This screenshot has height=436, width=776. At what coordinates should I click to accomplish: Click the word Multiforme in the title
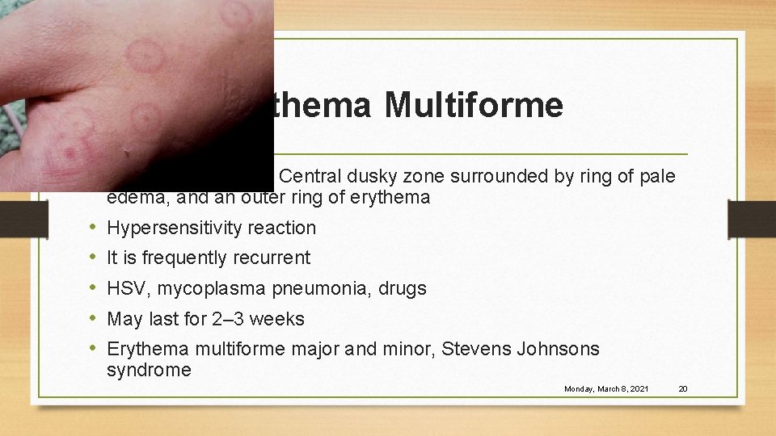coord(474,106)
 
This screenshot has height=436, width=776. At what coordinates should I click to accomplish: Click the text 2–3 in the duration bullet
coord(229,320)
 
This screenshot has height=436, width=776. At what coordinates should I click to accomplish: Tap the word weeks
coord(277,320)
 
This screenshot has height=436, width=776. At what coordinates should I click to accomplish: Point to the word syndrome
coord(149,371)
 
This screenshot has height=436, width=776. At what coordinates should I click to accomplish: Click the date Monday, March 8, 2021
coord(606,389)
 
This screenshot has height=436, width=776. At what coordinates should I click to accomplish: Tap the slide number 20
coord(682,389)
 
